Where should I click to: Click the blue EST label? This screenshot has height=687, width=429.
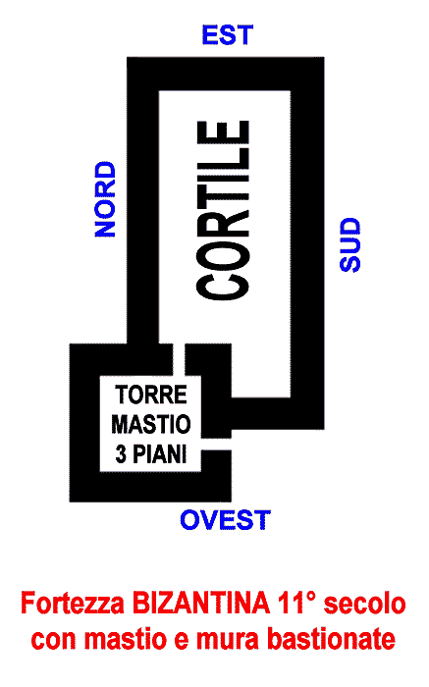(228, 35)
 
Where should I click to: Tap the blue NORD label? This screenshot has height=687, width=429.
(105, 199)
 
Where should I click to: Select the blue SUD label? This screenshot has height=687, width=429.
(350, 245)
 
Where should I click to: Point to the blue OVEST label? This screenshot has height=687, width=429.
(225, 520)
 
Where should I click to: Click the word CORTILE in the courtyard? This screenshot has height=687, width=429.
(223, 210)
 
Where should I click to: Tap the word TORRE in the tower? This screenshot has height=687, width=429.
(151, 395)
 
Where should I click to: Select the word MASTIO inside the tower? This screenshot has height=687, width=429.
(151, 424)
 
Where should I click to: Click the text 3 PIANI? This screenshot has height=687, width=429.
(151, 453)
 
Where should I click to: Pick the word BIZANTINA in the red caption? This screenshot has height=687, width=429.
(201, 604)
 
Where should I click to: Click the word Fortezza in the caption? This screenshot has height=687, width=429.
(73, 604)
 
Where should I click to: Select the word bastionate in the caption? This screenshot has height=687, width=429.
(331, 640)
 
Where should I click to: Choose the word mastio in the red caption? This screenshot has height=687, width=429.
(127, 640)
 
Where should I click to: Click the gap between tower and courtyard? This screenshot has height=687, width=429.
(179, 359)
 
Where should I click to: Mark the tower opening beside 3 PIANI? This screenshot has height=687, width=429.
(216, 444)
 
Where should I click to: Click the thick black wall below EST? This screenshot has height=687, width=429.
(226, 74)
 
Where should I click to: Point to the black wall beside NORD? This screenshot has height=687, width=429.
(143, 200)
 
